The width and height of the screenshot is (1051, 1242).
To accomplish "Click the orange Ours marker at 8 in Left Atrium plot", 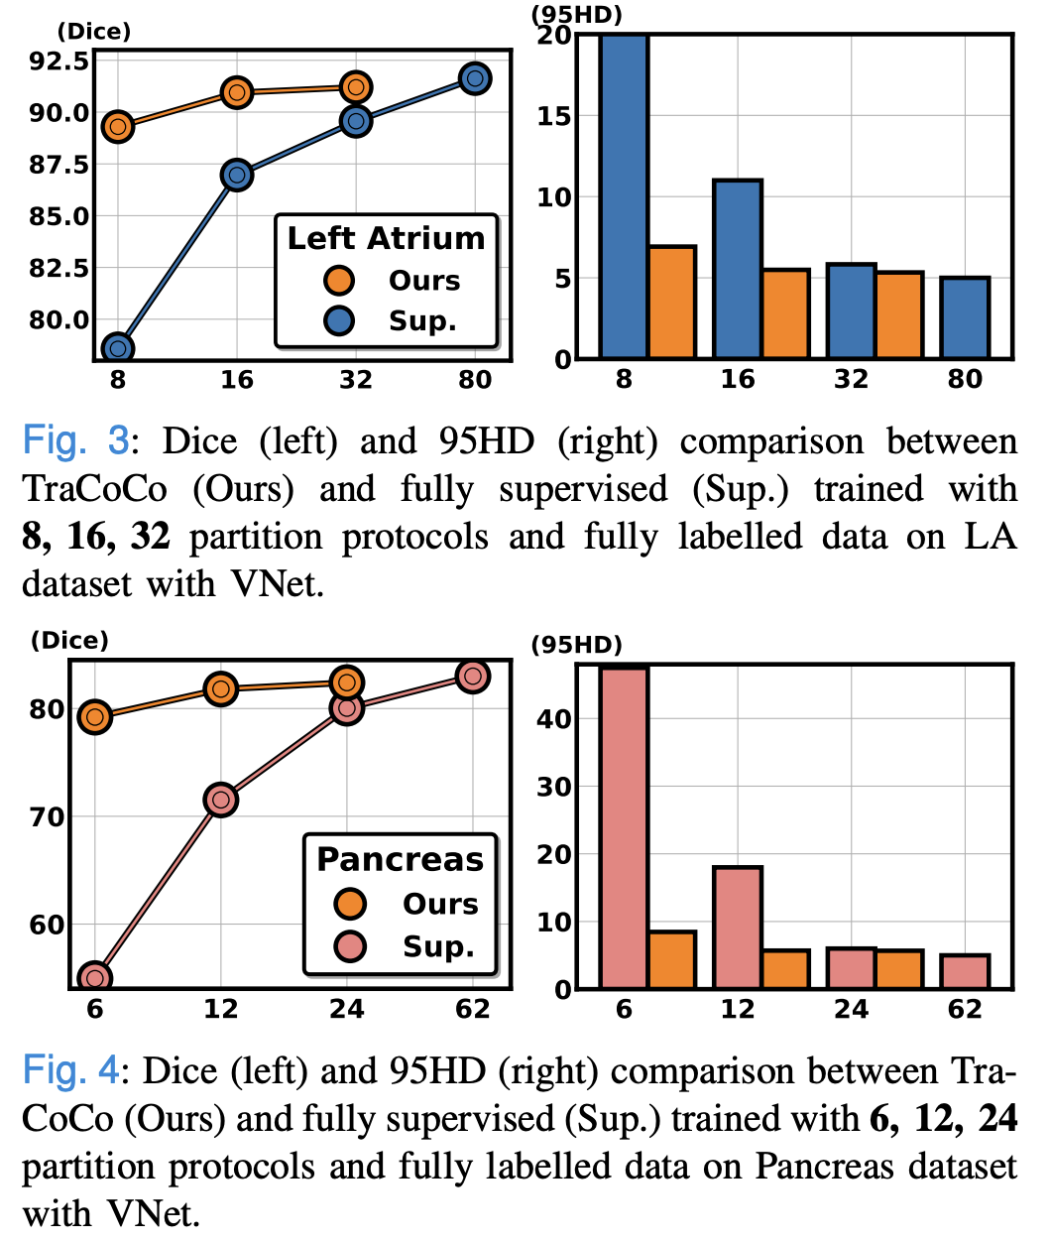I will click(x=118, y=127).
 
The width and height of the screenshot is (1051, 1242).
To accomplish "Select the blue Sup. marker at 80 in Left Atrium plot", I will click(x=475, y=78).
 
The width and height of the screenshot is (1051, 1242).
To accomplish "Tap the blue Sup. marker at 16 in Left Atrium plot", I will click(x=237, y=176).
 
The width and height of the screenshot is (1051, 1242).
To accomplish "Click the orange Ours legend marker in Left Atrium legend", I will click(x=340, y=281).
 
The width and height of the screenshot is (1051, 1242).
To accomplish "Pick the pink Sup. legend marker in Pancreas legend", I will click(x=351, y=946).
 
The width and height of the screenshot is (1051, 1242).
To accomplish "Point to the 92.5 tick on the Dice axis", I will click(x=59, y=62).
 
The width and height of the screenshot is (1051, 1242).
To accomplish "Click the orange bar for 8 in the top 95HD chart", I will click(x=671, y=302).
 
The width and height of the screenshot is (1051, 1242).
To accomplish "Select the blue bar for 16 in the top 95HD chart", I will click(x=738, y=269).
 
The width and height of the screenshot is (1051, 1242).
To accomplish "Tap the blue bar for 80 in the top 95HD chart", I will click(x=965, y=317).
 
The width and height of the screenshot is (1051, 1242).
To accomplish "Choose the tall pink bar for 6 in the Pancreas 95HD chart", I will click(x=624, y=827).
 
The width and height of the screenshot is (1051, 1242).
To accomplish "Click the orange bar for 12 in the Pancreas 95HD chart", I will click(x=785, y=969).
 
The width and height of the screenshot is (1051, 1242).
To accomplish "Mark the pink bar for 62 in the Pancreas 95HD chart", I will click(x=965, y=971).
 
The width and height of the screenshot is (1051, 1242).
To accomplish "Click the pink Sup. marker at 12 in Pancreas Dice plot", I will click(x=221, y=800).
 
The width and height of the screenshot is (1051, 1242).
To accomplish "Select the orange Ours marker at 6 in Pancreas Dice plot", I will click(x=95, y=717).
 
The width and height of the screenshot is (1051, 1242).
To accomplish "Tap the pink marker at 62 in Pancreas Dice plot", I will click(x=473, y=677).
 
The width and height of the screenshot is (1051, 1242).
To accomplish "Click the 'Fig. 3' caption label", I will click(x=75, y=440).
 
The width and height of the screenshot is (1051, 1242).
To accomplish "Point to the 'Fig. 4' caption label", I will click(x=70, y=1070).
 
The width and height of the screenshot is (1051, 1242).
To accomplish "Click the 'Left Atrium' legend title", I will click(x=386, y=238).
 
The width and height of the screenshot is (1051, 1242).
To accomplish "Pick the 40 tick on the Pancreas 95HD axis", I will click(x=554, y=718).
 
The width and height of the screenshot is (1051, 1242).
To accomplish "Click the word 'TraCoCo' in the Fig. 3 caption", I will click(x=95, y=488).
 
